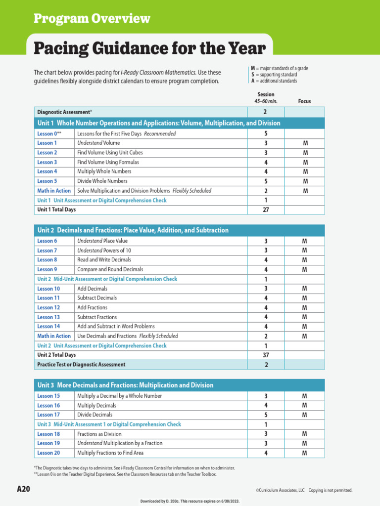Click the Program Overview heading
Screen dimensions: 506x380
coord(92,19)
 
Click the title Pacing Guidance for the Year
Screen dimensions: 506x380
coord(149,49)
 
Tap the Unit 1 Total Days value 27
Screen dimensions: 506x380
coord(265,210)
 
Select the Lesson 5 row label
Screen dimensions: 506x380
coord(47,181)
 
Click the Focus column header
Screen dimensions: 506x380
coord(304,101)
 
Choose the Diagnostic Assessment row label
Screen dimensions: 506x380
coord(63,112)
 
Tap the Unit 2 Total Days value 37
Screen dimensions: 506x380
coord(265,355)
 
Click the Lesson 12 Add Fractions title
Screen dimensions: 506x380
coord(92,307)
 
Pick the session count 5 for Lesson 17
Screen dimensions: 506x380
coord(266,415)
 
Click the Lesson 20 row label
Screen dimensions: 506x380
coord(48,453)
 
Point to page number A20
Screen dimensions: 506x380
coord(23,490)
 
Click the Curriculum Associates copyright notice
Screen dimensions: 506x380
coord(304,490)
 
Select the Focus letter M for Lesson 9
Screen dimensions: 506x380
coord(304,270)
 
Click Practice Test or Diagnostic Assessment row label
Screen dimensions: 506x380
coord(81,365)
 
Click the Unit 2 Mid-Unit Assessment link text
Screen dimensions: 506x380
coord(107,279)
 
